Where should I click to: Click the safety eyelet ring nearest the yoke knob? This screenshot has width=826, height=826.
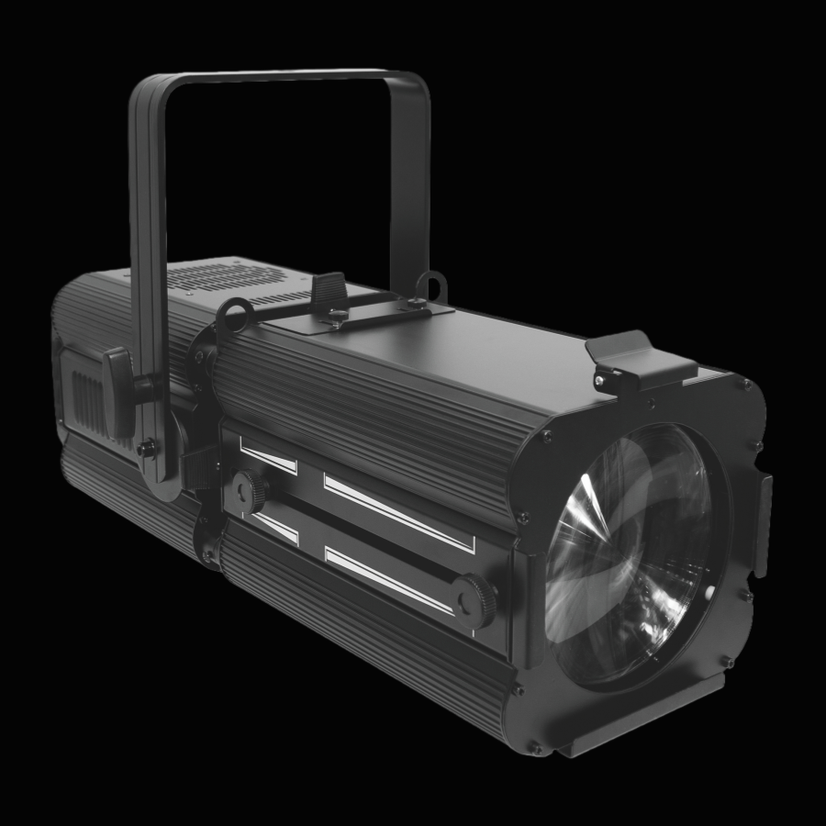(x=235, y=317)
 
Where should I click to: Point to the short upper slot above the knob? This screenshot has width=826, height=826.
(x=269, y=454)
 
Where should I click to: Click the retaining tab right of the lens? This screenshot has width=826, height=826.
(x=763, y=523)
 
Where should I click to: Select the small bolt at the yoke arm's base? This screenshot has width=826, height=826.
(x=144, y=449)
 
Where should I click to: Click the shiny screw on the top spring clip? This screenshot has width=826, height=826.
(x=601, y=378)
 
